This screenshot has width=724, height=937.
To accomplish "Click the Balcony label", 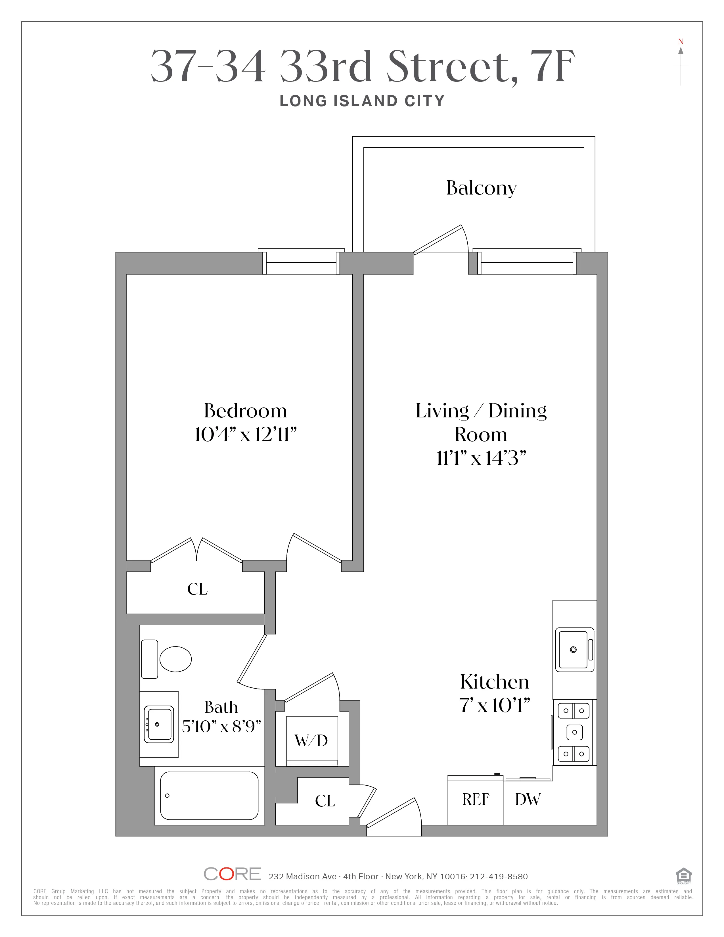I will (481, 188).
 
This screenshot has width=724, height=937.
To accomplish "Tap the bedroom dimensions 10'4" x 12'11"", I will (245, 435).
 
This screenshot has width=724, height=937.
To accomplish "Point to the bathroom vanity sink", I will (159, 725).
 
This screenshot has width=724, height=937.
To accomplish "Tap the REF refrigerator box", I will (475, 800).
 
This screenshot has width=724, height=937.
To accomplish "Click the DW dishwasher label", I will (528, 800).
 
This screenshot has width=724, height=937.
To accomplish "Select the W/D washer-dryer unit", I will (311, 741).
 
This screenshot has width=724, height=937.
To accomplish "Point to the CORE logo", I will (232, 874).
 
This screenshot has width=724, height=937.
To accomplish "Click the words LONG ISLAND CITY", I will (362, 101).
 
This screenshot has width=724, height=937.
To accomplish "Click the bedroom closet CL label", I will (197, 589).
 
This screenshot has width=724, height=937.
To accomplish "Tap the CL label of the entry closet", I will (325, 801).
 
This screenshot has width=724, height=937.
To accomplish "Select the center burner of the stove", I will (574, 732).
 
